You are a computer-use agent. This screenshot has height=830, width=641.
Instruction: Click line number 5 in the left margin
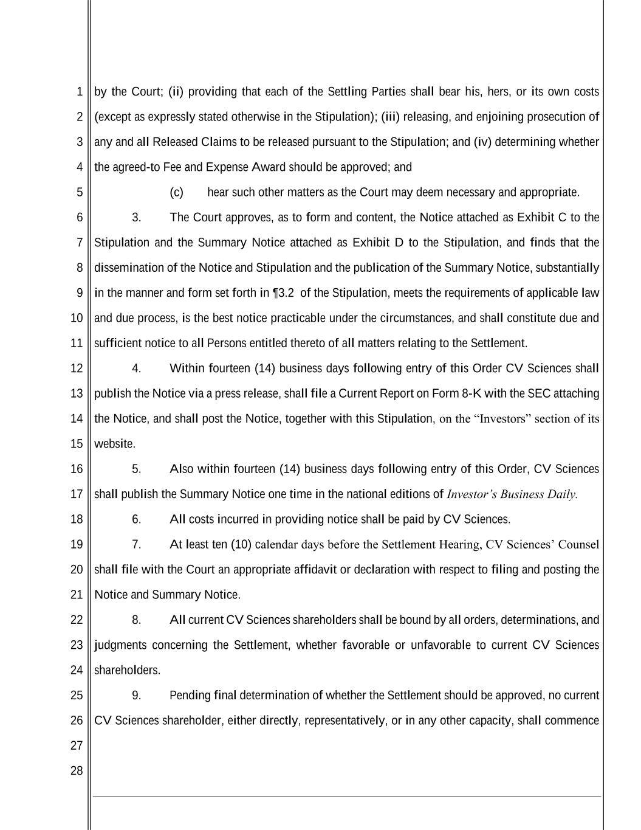coord(80,192)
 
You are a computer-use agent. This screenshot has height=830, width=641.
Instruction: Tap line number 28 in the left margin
coord(77,770)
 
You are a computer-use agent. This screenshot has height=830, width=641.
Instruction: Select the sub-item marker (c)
coord(176,192)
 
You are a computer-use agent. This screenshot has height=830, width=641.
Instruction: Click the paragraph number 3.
coord(136,217)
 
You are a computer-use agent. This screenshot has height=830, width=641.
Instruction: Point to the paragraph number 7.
coord(136,544)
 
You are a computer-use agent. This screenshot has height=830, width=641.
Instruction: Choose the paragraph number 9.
coord(136,695)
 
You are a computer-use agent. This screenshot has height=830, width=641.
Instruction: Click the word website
coord(114,444)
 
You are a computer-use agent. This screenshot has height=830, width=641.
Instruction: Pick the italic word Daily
coord(561,494)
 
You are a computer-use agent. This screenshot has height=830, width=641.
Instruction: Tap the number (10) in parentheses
coord(241,544)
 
